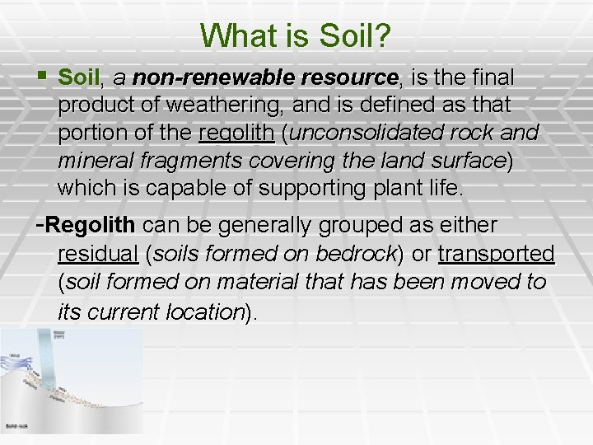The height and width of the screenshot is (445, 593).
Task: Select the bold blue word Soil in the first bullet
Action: [79, 78]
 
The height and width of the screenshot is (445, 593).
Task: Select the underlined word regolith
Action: [236, 133]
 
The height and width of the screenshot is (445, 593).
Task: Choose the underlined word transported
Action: [496, 254]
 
